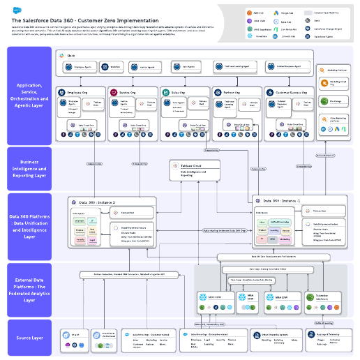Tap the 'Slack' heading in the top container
coord(71,54)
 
